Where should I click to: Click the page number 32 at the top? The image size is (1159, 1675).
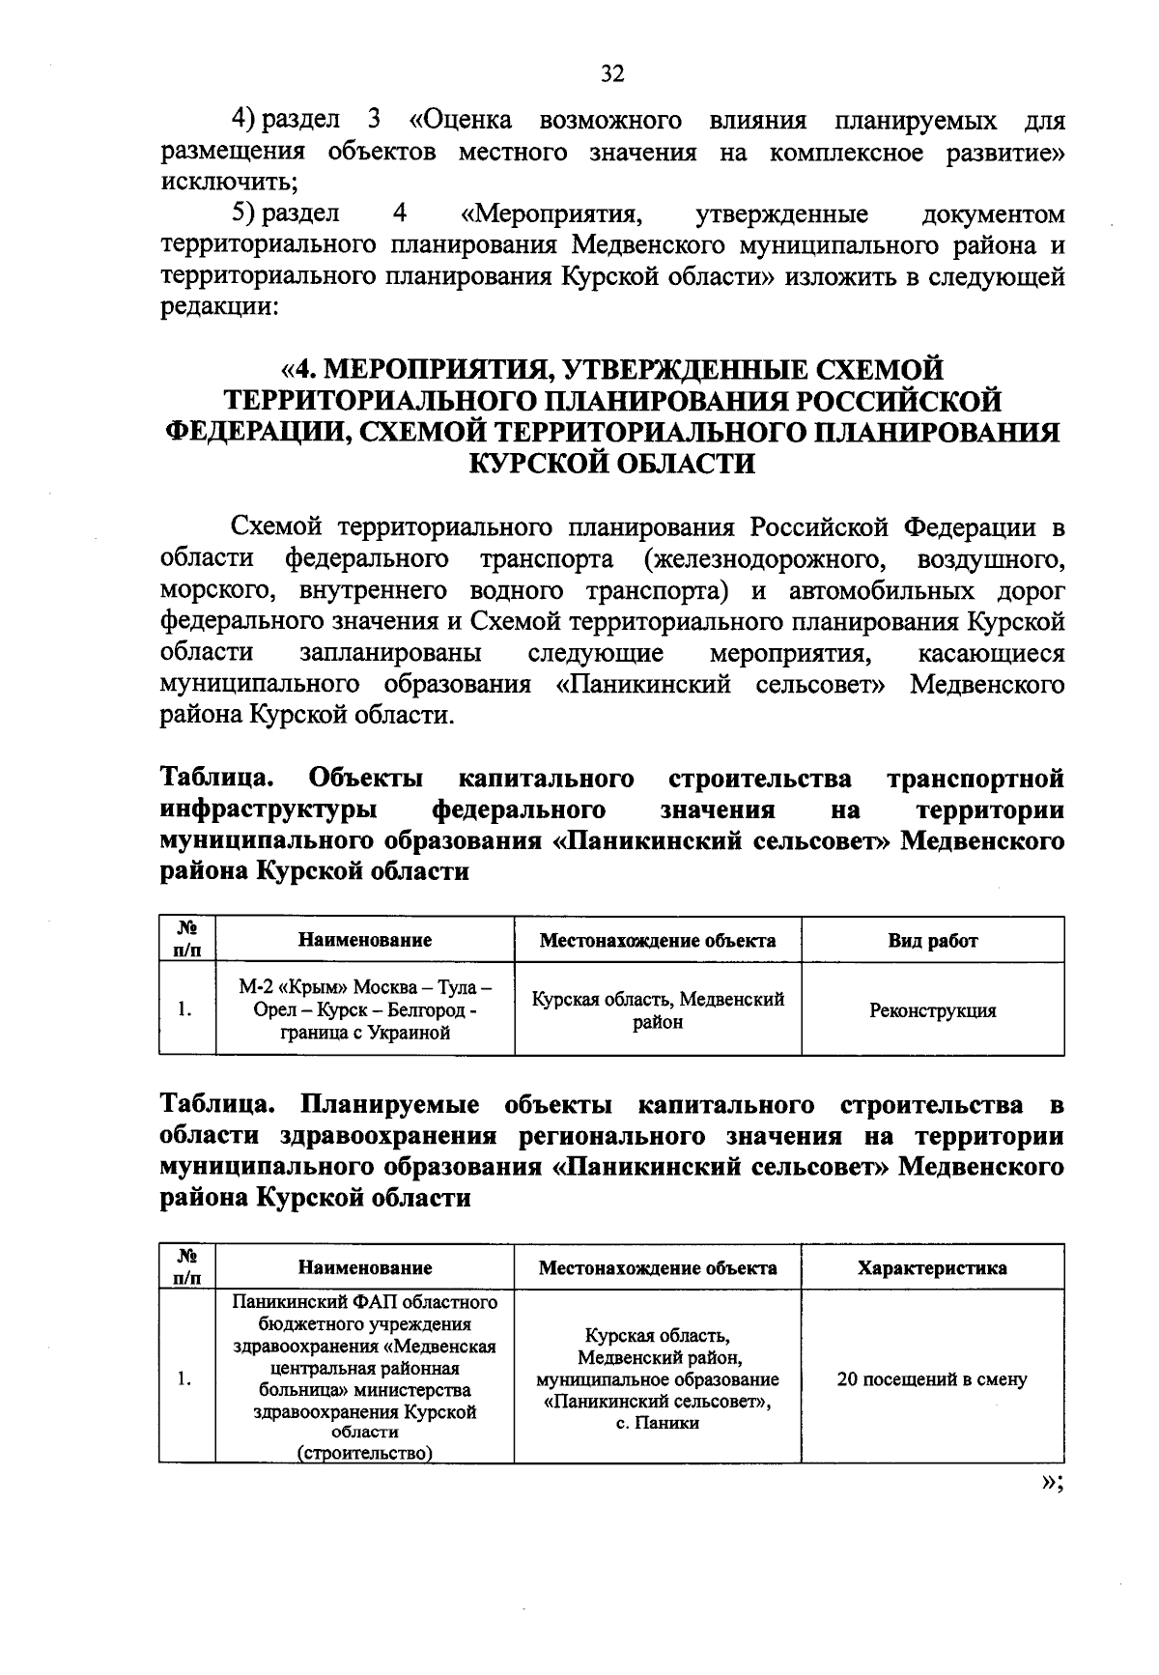[612, 74]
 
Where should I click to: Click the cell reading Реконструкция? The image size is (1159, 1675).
[932, 1010]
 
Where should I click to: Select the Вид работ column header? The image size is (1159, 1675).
[932, 940]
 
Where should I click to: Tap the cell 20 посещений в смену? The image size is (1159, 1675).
[932, 1379]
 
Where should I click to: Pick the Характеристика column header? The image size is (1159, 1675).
[932, 1267]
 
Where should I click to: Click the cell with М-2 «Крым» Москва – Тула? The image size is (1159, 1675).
[365, 1010]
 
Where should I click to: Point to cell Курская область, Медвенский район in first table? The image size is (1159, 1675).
[658, 1010]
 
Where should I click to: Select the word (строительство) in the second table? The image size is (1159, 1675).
[365, 1454]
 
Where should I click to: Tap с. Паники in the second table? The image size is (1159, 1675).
[658, 1423]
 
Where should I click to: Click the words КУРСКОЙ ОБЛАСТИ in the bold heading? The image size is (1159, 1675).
[611, 463]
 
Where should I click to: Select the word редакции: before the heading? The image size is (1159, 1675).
[219, 307]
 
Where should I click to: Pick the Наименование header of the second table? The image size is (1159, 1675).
[365, 1267]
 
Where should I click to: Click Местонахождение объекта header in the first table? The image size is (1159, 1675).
[658, 940]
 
